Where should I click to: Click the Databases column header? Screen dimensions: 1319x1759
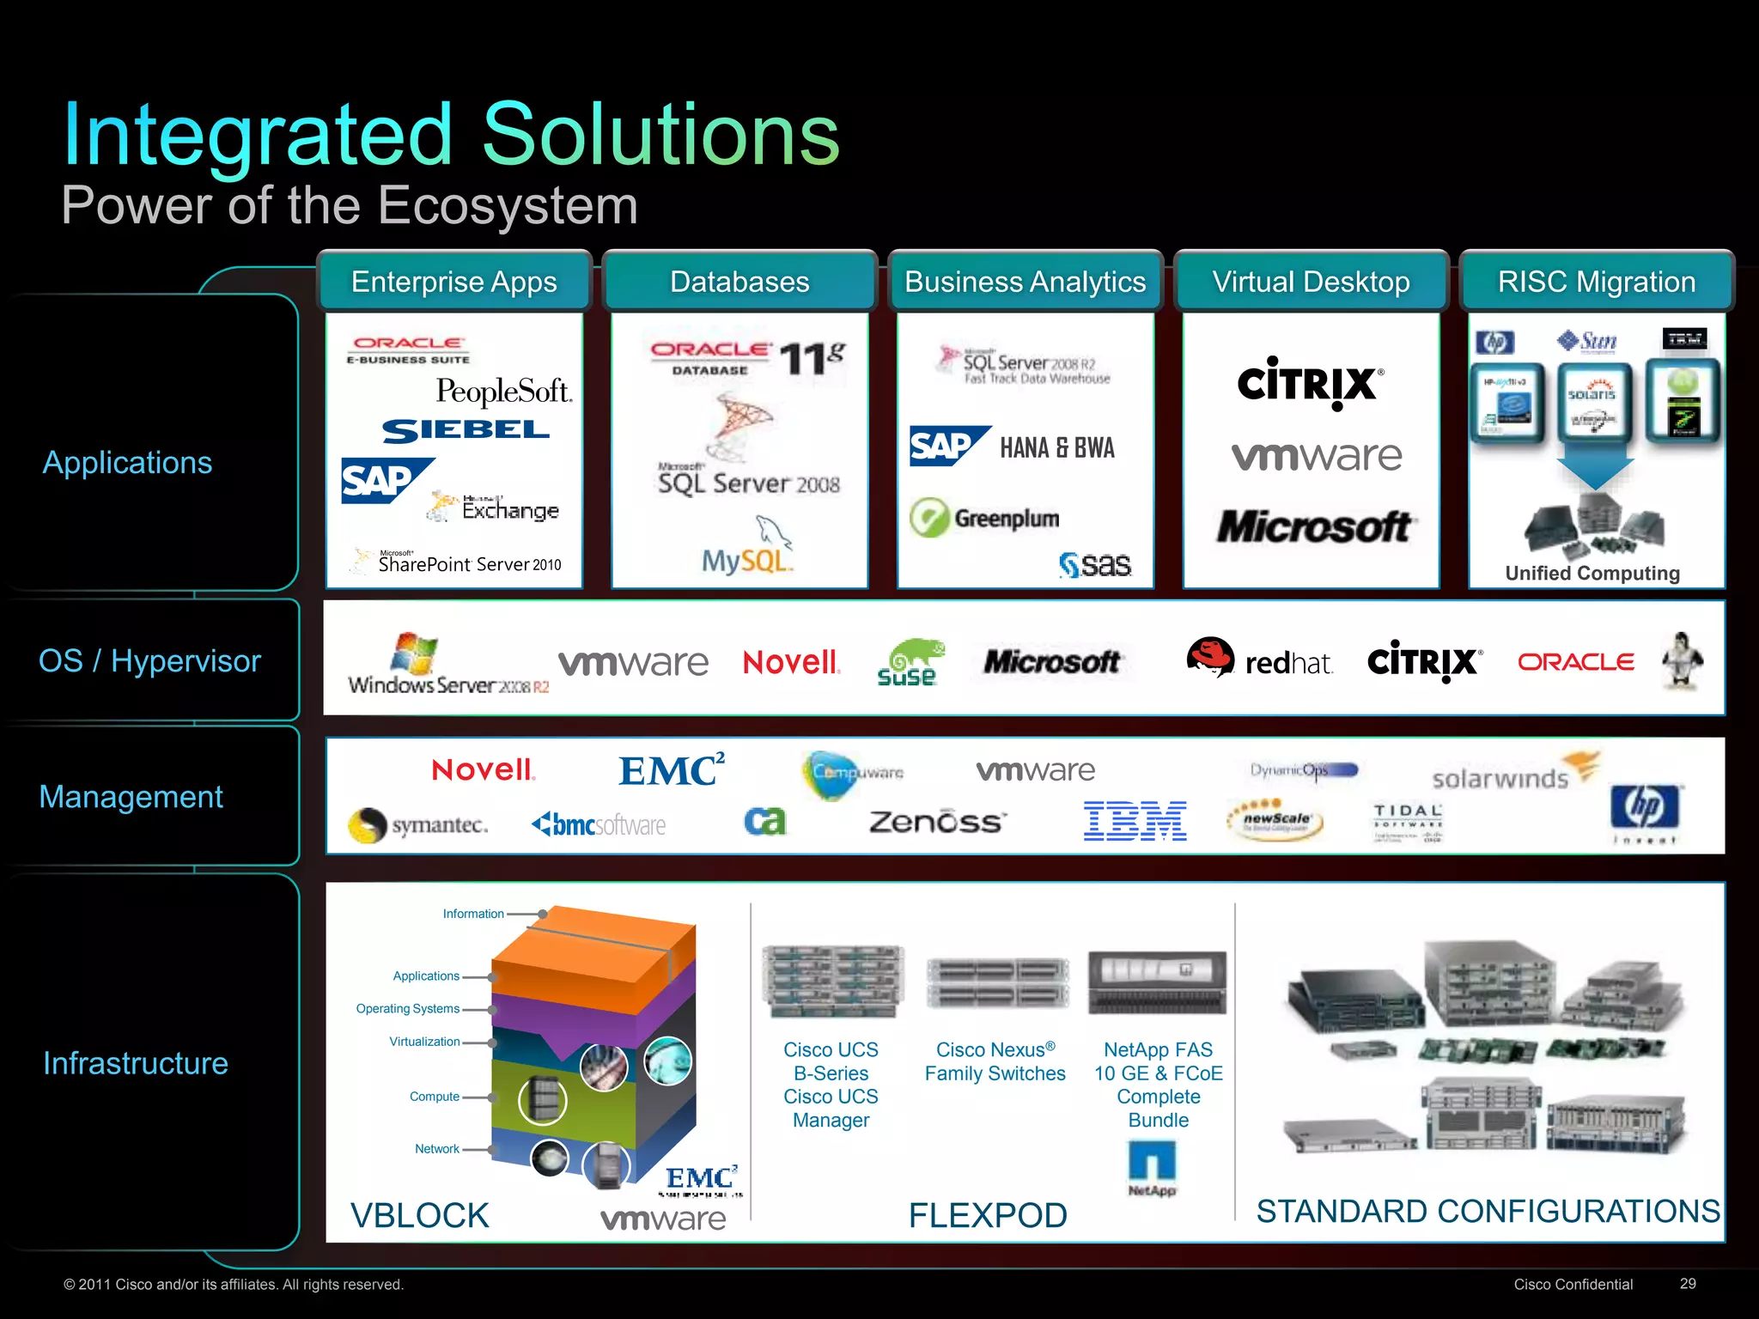tap(740, 282)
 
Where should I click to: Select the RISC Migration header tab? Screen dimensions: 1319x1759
tap(1596, 282)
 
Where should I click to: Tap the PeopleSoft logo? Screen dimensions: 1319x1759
tap(503, 392)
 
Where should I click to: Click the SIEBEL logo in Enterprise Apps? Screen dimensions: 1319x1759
tap(466, 430)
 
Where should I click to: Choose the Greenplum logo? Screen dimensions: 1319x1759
tap(986, 518)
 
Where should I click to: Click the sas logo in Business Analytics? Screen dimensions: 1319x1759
tap(1095, 564)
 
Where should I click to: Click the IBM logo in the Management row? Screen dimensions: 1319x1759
tap(1135, 821)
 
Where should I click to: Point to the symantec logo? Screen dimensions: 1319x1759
tap(418, 825)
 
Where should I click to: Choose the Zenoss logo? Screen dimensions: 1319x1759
tap(935, 822)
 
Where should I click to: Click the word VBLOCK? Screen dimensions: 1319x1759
tap(420, 1215)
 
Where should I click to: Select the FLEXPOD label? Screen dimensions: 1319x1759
tap(988, 1215)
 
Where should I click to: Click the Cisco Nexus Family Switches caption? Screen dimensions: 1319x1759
tap(995, 1061)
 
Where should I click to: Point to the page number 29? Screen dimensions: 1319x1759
tap(1688, 1283)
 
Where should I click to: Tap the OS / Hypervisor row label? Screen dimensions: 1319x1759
tap(149, 660)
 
